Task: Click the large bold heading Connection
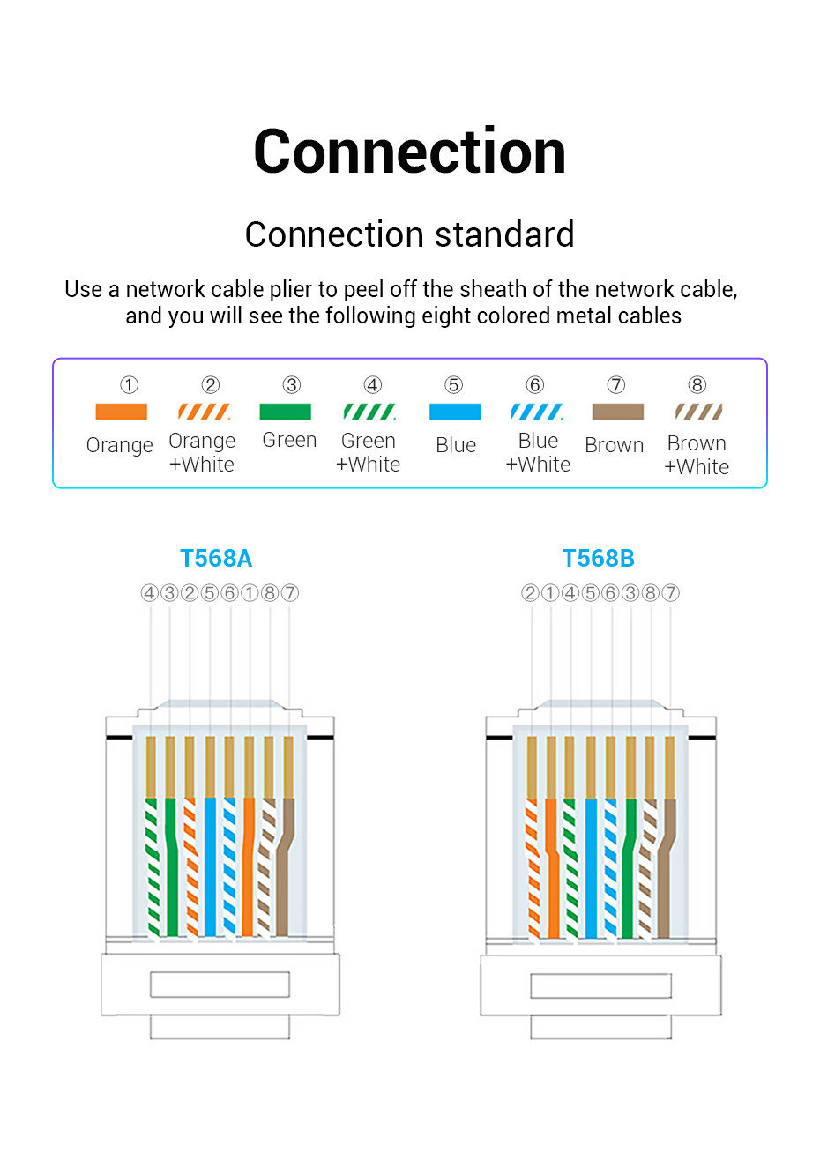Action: [409, 152]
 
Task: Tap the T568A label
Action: [216, 559]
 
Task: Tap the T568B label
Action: [599, 559]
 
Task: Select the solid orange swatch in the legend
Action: [122, 412]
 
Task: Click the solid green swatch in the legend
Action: [285, 412]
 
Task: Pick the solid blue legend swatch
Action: [455, 412]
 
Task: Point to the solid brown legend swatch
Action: [618, 412]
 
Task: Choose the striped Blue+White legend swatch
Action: [537, 412]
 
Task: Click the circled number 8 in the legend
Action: [697, 384]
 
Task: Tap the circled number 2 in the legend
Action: [211, 384]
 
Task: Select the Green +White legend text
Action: [369, 452]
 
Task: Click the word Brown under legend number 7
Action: [615, 445]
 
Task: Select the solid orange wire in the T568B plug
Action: [553, 868]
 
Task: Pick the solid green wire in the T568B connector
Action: [629, 868]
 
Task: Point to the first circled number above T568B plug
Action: [530, 593]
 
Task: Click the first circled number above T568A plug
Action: [149, 593]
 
